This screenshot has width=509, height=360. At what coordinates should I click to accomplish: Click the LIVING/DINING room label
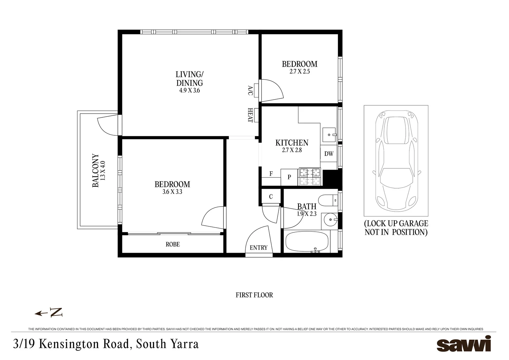(x=189, y=78)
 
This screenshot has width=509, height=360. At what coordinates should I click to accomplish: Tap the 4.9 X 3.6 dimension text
(x=189, y=90)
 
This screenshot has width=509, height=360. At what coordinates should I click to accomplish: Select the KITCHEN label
(x=292, y=143)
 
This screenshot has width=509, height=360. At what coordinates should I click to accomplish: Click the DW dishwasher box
(x=329, y=154)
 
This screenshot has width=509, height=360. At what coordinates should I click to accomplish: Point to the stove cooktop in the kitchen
(x=310, y=177)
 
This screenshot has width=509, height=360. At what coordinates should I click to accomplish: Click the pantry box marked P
(x=289, y=177)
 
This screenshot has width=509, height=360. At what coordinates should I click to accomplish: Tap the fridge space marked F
(x=271, y=174)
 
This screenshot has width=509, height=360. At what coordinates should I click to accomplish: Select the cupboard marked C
(x=271, y=197)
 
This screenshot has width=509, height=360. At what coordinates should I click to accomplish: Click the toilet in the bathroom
(x=328, y=201)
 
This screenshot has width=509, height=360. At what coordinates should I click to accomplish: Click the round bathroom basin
(x=330, y=220)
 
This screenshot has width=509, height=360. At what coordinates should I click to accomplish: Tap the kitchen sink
(x=329, y=135)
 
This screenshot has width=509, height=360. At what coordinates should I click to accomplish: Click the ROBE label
(x=173, y=244)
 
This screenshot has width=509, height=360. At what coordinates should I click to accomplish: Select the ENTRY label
(x=258, y=248)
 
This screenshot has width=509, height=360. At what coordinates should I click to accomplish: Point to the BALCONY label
(x=96, y=170)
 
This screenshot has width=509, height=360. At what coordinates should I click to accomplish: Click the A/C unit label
(x=250, y=90)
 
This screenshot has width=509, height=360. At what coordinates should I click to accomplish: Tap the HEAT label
(x=250, y=115)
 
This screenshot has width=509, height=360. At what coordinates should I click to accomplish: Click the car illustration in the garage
(x=396, y=161)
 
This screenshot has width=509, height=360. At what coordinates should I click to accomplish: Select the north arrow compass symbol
(x=49, y=313)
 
